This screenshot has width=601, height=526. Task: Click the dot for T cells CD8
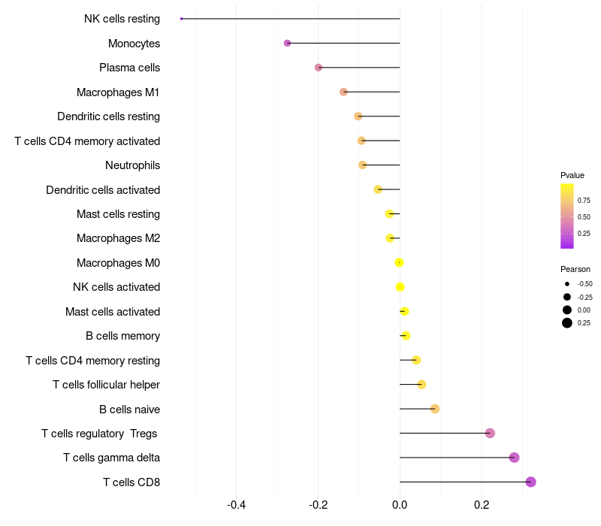tap(530, 482)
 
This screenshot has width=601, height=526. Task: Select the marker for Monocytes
tap(287, 44)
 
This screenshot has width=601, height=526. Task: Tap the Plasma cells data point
tap(319, 68)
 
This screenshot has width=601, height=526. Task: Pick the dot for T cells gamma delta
tap(514, 458)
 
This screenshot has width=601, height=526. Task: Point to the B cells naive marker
tap(434, 409)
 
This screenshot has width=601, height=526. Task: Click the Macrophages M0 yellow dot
tap(399, 262)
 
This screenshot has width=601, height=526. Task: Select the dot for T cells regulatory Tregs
tap(490, 433)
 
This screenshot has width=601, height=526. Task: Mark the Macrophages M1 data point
tap(343, 92)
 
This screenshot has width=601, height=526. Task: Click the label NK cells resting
tap(122, 19)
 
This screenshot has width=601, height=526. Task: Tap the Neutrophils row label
tap(132, 165)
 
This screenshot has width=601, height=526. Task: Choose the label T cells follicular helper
tap(106, 385)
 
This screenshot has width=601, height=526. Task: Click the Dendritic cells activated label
tap(103, 190)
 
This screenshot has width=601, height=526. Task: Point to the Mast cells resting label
tap(118, 214)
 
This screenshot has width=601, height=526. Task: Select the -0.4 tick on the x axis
tap(237, 504)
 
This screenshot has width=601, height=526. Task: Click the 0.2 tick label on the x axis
tap(482, 504)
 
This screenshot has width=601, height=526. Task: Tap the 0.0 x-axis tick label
tap(400, 504)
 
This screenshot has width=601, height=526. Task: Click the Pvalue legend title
tap(572, 175)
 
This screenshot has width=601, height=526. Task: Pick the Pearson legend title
tap(575, 269)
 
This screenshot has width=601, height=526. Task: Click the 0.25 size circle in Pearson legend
tap(567, 323)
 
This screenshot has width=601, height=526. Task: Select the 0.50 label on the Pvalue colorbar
tap(584, 216)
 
